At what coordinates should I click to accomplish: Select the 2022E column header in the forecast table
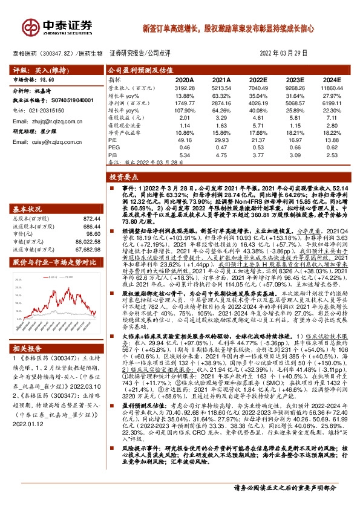click(258, 79)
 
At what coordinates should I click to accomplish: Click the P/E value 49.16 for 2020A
click(185, 139)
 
